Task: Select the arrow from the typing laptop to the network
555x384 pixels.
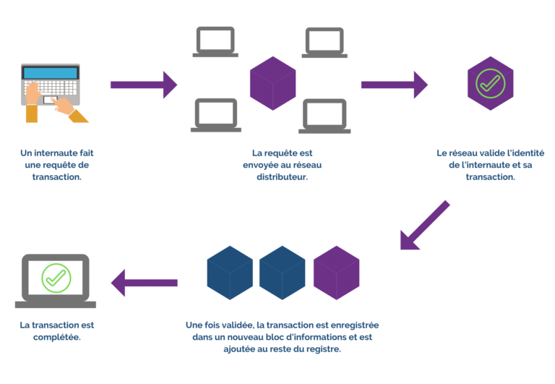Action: (143, 85)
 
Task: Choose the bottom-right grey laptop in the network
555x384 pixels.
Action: (325, 116)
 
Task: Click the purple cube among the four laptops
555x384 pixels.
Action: (272, 83)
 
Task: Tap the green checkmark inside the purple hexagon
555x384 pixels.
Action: (490, 83)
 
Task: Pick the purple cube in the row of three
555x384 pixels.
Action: (336, 273)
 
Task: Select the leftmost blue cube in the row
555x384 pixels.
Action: (229, 273)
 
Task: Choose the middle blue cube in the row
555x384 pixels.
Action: (283, 273)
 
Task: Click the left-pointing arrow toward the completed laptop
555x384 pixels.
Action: (144, 281)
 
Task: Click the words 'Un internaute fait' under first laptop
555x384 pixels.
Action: (57, 153)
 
